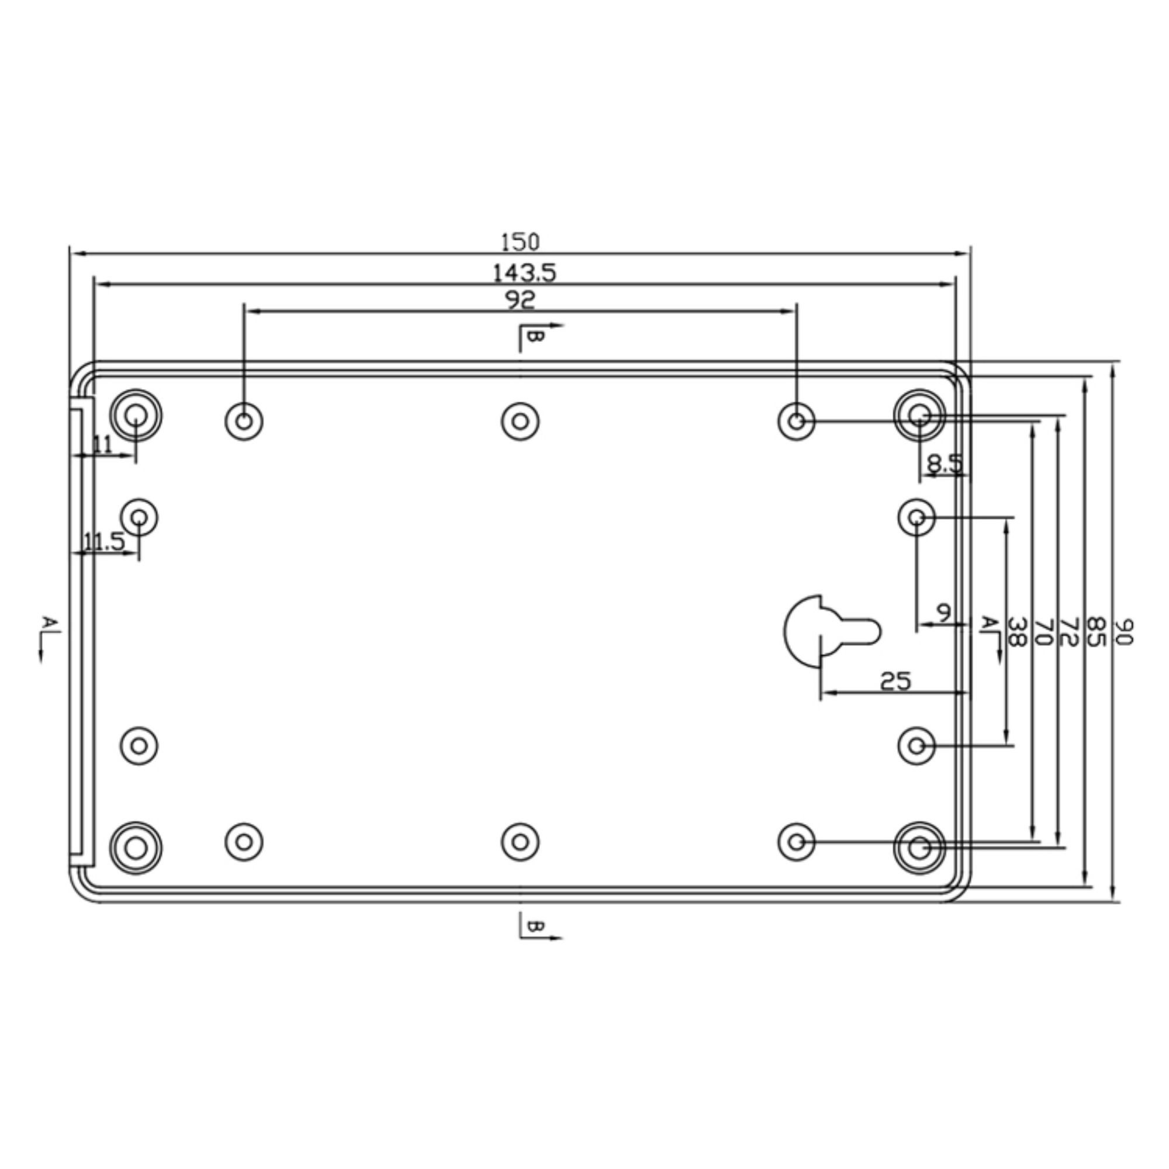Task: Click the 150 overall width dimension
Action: point(520,242)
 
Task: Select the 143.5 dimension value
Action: point(523,274)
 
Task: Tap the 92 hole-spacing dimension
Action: point(520,299)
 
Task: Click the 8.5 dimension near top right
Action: point(945,464)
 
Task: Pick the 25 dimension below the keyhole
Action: point(895,682)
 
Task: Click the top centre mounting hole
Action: point(520,421)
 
